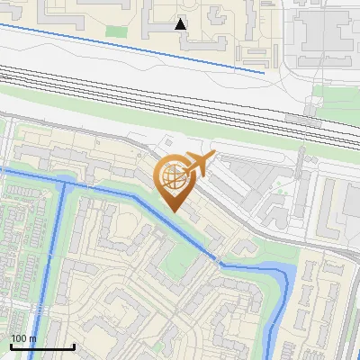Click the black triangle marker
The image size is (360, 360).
181,24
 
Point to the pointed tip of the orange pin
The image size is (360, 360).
172,212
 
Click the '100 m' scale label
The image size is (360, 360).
23,338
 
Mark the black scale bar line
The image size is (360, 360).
42,347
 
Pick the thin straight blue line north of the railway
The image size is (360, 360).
135,48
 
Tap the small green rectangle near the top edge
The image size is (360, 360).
116,31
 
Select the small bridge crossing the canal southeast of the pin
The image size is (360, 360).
219,262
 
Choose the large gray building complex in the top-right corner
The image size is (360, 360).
328,36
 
